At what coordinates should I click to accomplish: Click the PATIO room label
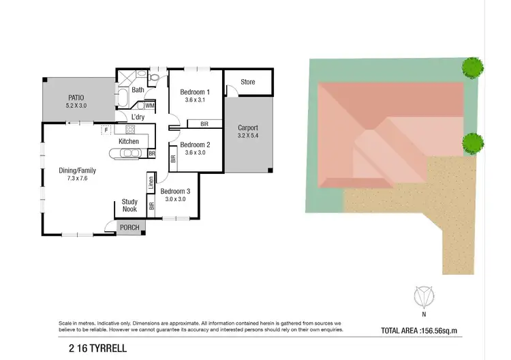tap(76, 97)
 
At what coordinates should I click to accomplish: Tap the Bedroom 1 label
tap(194, 92)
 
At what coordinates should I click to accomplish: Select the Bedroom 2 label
tap(194, 145)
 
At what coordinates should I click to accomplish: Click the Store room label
tap(248, 82)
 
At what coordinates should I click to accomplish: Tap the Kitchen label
tap(129, 141)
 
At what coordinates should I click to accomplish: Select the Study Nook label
tap(130, 205)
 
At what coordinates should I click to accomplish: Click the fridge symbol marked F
tap(106, 128)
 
